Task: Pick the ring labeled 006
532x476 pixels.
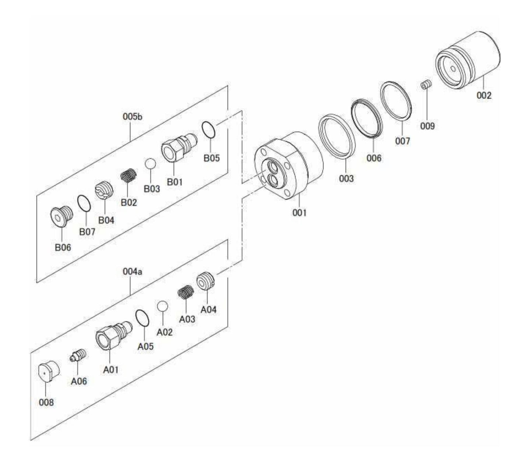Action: click(x=366, y=118)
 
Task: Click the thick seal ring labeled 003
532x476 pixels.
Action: click(x=337, y=137)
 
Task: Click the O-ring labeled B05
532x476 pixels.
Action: click(x=209, y=130)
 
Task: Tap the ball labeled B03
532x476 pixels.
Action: click(x=150, y=164)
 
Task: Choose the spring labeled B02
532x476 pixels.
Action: click(x=129, y=176)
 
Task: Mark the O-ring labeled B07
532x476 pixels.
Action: click(x=84, y=204)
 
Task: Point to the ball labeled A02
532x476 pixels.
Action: click(x=162, y=306)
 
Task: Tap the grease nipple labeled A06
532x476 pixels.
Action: click(x=78, y=356)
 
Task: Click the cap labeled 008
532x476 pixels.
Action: click(x=47, y=372)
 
